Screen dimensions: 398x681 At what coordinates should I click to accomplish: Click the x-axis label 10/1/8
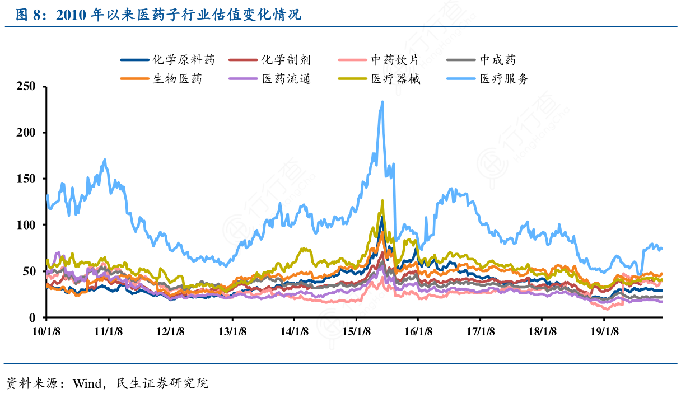pos(47,331)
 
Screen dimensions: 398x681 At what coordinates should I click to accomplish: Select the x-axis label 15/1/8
pos(357,331)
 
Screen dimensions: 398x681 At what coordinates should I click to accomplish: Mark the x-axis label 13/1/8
pos(233,331)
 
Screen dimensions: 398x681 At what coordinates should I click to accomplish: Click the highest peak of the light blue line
pos(382,102)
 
